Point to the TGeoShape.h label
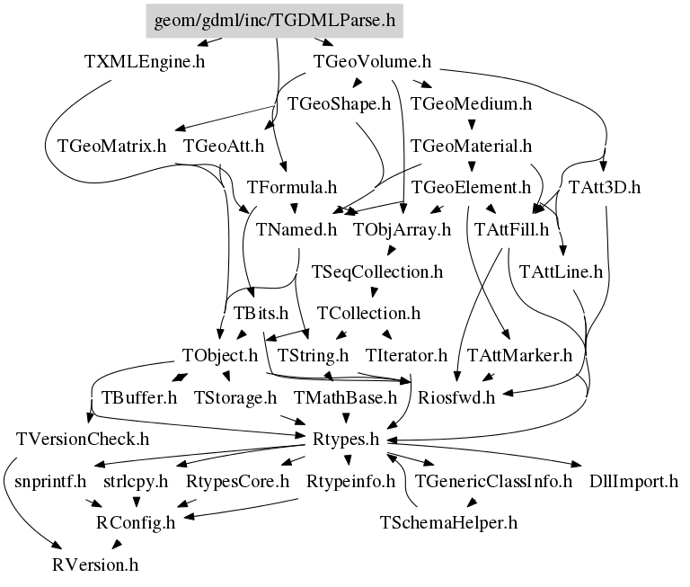(x=339, y=103)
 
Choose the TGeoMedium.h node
(x=471, y=103)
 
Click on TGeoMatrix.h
(x=111, y=146)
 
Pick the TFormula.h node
(x=291, y=188)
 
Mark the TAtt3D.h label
(x=605, y=188)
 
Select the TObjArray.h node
(x=402, y=229)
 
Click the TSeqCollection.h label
(x=377, y=271)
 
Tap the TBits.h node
(x=261, y=313)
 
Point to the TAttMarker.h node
(x=519, y=355)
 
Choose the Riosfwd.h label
(x=453, y=396)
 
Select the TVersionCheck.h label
(x=83, y=439)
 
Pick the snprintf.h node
(x=50, y=481)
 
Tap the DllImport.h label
(x=633, y=481)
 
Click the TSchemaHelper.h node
(x=448, y=522)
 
